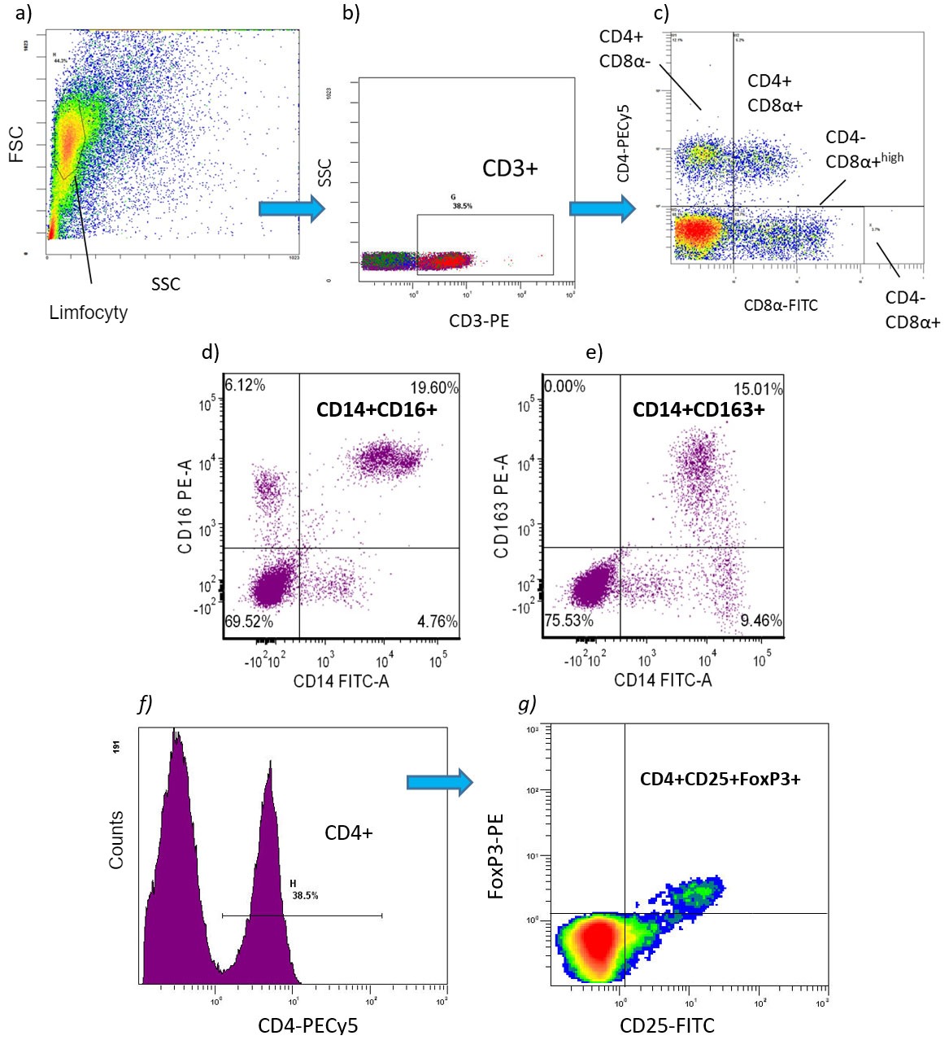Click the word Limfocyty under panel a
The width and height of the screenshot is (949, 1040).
point(88,312)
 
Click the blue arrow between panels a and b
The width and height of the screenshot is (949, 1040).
point(291,208)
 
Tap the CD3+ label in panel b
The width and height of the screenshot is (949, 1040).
point(510,168)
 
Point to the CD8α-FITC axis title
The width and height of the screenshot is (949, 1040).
point(781,305)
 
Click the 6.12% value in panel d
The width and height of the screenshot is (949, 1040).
point(245,386)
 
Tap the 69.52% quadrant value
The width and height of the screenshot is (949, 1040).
point(249,622)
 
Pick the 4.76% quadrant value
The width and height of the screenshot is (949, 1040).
point(437,622)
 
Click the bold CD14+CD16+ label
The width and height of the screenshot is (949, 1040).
point(377,409)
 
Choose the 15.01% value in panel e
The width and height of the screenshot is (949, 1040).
point(758,389)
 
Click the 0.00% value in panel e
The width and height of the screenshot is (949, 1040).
point(565,387)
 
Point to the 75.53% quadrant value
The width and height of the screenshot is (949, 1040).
point(569,621)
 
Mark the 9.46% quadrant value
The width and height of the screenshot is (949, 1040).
point(760,621)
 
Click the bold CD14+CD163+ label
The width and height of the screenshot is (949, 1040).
point(699,409)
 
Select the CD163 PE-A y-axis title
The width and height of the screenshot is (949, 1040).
point(501,506)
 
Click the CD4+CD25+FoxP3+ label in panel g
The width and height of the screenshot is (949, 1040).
point(720,780)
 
